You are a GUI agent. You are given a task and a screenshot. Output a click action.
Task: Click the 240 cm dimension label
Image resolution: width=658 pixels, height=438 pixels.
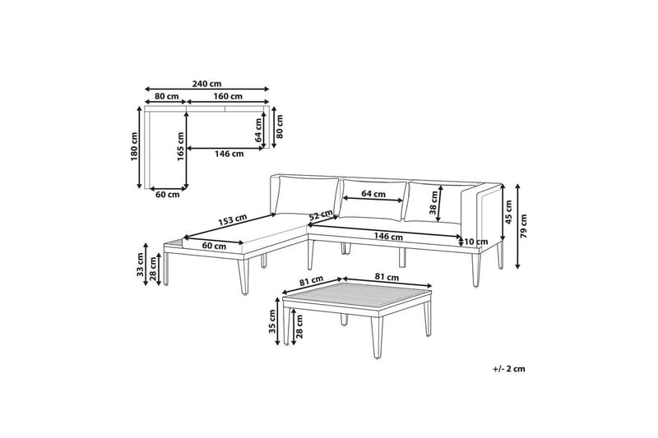pyautogui.click(x=206, y=84)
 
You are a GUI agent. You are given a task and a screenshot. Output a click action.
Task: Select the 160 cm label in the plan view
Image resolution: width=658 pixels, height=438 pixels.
pyautogui.click(x=228, y=96)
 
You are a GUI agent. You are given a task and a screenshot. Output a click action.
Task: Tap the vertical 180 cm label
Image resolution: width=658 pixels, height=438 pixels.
pyautogui.click(x=134, y=147)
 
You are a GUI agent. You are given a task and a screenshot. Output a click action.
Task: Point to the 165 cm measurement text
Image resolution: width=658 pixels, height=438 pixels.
pyautogui.click(x=181, y=147)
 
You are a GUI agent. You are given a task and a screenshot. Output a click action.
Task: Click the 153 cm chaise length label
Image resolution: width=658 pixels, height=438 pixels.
pyautogui.click(x=232, y=219)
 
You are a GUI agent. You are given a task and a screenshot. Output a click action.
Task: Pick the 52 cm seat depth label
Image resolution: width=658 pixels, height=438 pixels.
pyautogui.click(x=321, y=214)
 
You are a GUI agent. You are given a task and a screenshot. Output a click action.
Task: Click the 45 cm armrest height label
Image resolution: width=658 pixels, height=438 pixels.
pyautogui.click(x=508, y=212)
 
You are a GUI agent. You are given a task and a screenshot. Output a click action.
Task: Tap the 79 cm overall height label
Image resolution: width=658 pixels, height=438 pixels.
pyautogui.click(x=523, y=226)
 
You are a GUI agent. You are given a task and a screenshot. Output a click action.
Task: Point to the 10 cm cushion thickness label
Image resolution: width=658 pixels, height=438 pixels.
pyautogui.click(x=476, y=242)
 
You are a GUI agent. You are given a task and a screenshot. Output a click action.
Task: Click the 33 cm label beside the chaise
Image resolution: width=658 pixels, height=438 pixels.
pyautogui.click(x=140, y=265)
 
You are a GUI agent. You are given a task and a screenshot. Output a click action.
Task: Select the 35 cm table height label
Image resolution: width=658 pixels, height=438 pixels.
pyautogui.click(x=272, y=321)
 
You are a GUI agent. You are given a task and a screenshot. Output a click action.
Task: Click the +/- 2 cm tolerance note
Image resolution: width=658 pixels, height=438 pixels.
pyautogui.click(x=509, y=369)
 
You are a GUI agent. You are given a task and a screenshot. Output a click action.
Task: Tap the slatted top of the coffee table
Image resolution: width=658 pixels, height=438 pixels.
pyautogui.click(x=357, y=297)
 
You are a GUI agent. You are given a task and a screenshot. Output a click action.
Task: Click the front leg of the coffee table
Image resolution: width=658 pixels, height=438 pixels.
pyautogui.click(x=378, y=338)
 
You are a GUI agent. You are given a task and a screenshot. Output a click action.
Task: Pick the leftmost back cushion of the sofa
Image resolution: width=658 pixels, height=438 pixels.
pyautogui.click(x=308, y=197)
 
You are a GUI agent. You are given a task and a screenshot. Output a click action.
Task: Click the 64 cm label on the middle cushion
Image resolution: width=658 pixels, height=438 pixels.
pyautogui.click(x=373, y=194)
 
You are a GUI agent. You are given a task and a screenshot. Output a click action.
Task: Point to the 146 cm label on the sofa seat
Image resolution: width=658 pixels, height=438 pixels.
pyautogui.click(x=388, y=237)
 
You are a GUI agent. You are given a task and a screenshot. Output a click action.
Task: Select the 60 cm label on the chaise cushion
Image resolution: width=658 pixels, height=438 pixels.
pyautogui.click(x=214, y=246)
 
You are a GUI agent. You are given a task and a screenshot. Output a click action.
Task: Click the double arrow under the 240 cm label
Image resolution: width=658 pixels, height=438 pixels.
pyautogui.click(x=206, y=89)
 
